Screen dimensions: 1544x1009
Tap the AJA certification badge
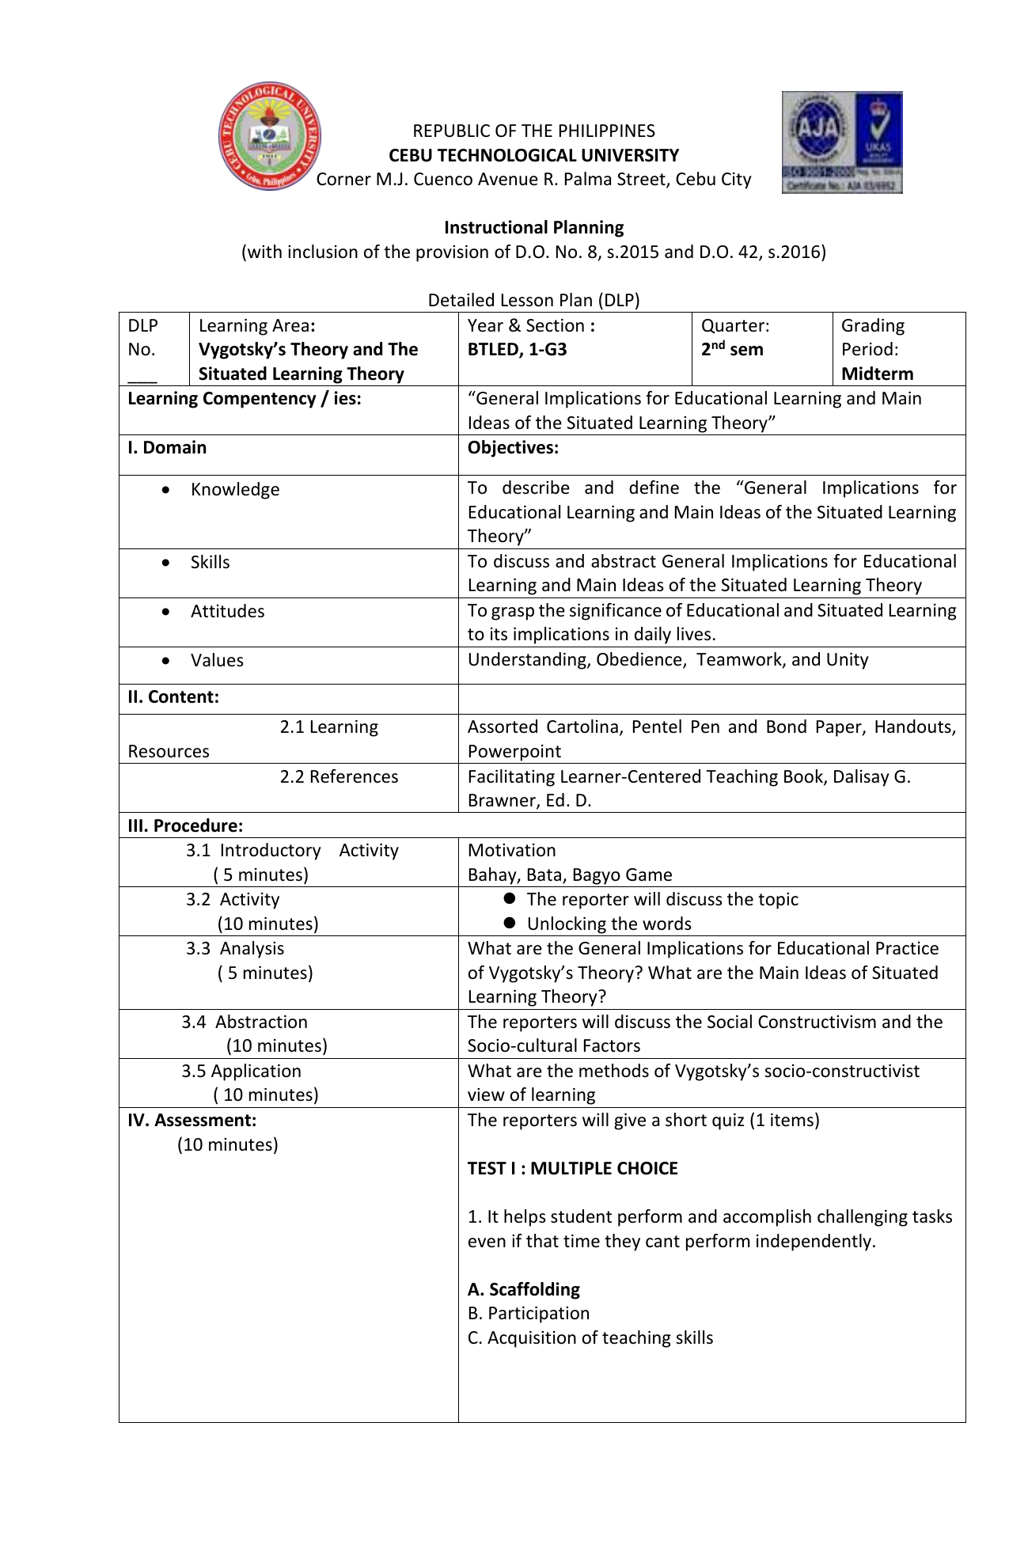pyautogui.click(x=842, y=142)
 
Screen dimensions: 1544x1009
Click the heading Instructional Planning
pyautogui.click(x=533, y=228)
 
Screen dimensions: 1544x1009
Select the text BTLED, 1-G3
pyautogui.click(x=517, y=350)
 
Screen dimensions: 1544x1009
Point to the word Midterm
pyautogui.click(x=877, y=374)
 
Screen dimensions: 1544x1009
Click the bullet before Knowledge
pyautogui.click(x=165, y=490)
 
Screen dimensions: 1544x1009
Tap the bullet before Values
pyautogui.click(x=165, y=661)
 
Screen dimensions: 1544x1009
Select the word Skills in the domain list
pyautogui.click(x=210, y=563)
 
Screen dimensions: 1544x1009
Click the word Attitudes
pyautogui.click(x=227, y=612)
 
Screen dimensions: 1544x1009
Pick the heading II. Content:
pyautogui.click(x=173, y=697)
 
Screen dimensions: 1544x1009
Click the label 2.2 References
pyautogui.click(x=339, y=777)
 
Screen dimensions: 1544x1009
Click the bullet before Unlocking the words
pyautogui.click(x=510, y=923)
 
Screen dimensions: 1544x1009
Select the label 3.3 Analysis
pyautogui.click(x=235, y=949)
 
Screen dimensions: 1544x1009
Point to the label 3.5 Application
pyautogui.click(x=241, y=1072)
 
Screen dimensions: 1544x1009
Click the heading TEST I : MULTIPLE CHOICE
pyautogui.click(x=572, y=1169)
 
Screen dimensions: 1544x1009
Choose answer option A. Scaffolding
pyautogui.click(x=523, y=1289)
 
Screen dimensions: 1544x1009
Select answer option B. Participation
pyautogui.click(x=528, y=1314)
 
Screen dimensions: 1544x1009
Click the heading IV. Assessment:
pyautogui.click(x=192, y=1121)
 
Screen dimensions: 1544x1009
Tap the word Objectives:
pyautogui.click(x=513, y=448)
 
